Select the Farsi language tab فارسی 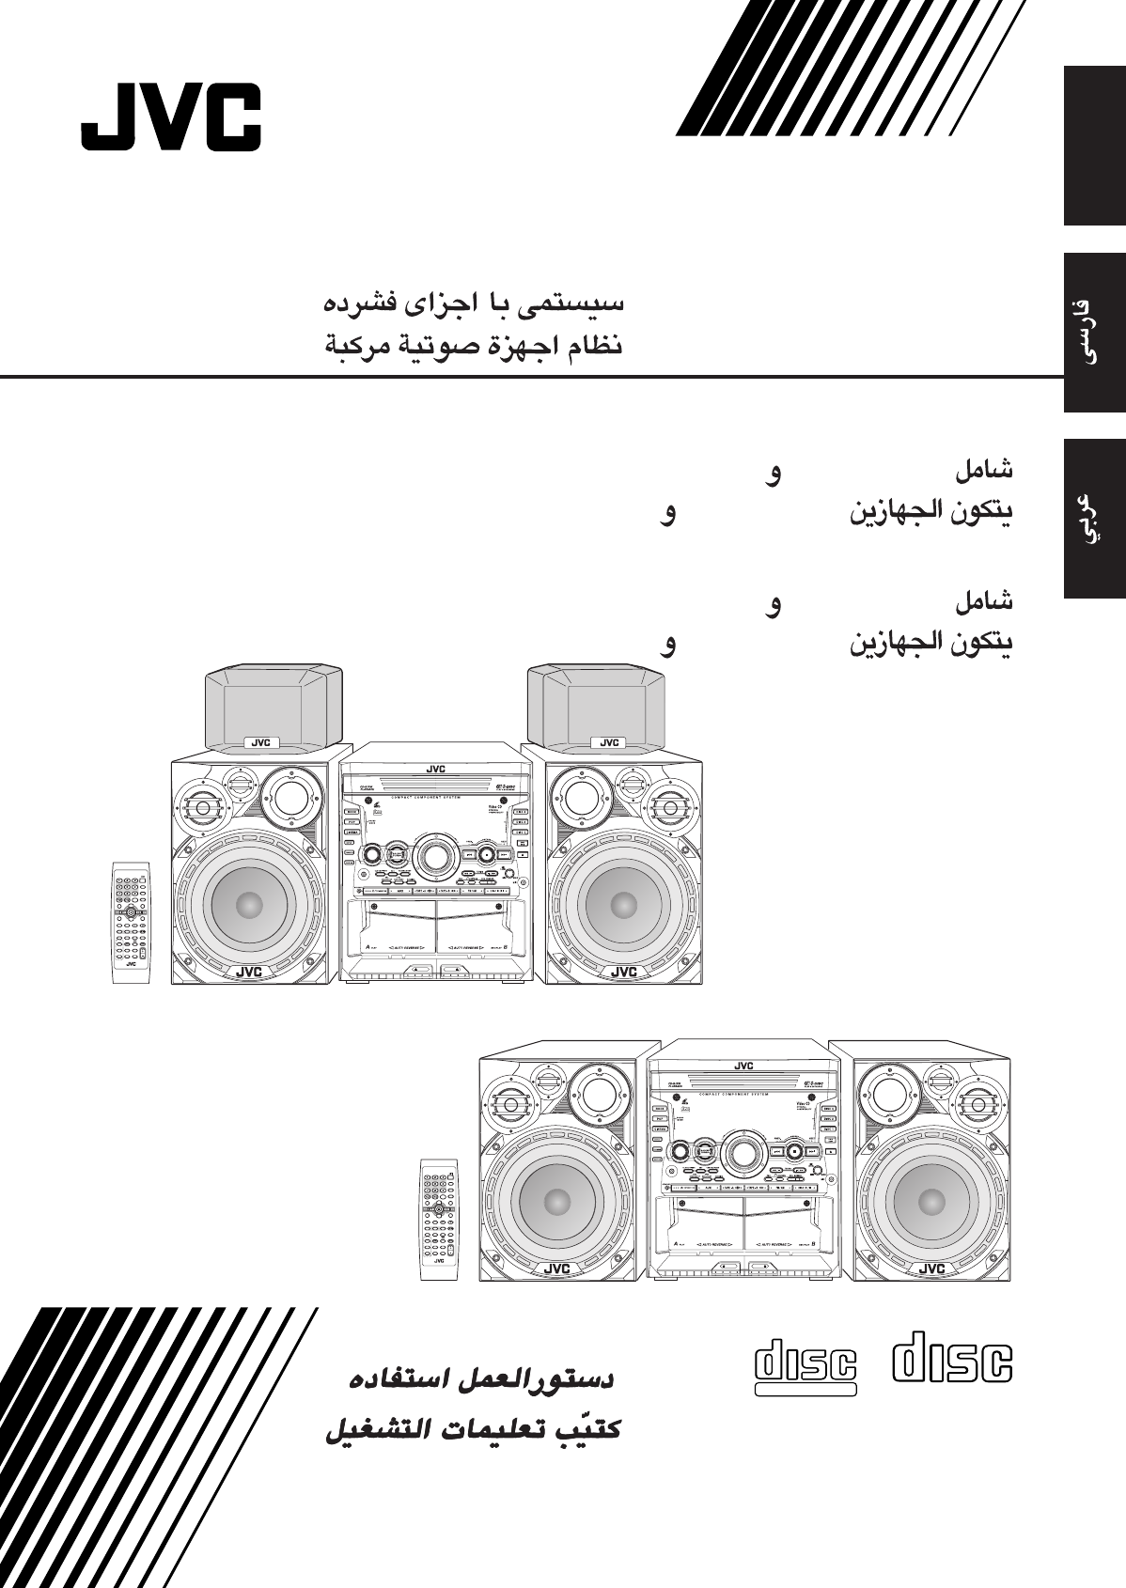click(x=1094, y=332)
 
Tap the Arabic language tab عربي click(x=1094, y=518)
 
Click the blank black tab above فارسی click(x=1094, y=146)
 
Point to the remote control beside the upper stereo click(x=131, y=922)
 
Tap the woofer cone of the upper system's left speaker click(x=249, y=905)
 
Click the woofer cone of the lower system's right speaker click(x=932, y=1201)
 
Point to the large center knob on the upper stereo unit click(x=434, y=855)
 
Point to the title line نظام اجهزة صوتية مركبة click(x=474, y=345)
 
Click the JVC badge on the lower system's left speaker click(x=556, y=1269)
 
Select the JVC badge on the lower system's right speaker click(x=931, y=1269)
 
